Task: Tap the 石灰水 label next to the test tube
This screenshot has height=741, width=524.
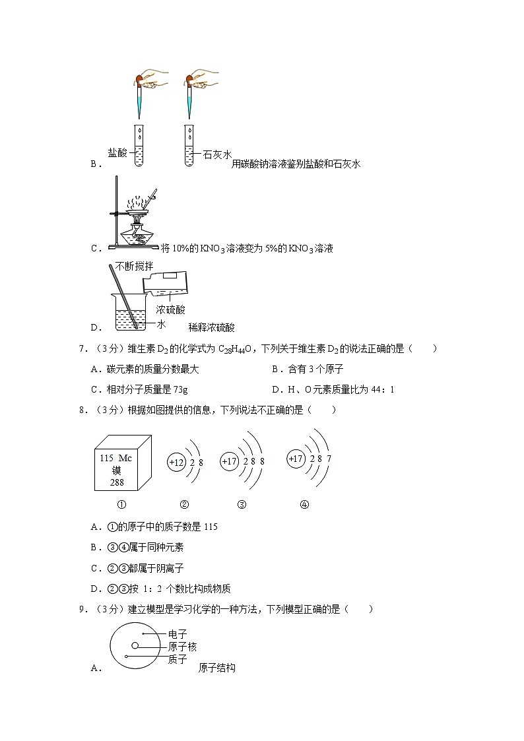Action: (x=218, y=154)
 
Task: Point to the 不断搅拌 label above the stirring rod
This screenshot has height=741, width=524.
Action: (x=134, y=266)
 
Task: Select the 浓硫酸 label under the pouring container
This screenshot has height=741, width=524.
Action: (x=171, y=309)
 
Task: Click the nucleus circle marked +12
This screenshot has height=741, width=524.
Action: (x=176, y=463)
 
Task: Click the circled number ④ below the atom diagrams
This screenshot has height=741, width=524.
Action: (x=304, y=505)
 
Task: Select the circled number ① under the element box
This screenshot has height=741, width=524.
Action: (x=121, y=505)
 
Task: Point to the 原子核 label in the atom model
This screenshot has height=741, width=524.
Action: (x=182, y=647)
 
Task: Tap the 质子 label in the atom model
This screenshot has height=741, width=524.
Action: (x=178, y=659)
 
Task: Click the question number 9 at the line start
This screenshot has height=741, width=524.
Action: (x=82, y=609)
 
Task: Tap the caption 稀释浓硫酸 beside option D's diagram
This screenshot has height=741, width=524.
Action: (x=211, y=327)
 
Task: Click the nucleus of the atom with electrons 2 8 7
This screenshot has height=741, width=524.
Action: (x=297, y=457)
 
